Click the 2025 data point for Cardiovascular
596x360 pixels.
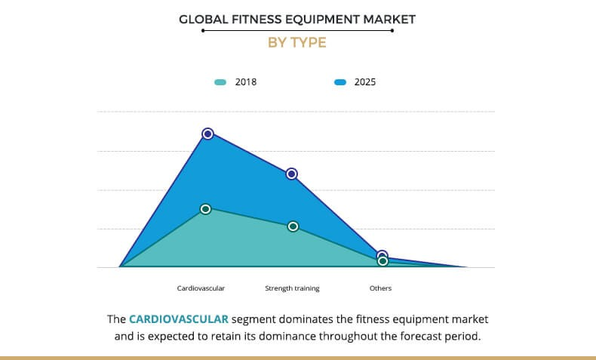(x=208, y=134)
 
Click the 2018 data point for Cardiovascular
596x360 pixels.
(x=205, y=209)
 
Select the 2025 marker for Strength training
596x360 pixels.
(x=292, y=174)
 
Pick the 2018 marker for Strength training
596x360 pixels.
(x=293, y=226)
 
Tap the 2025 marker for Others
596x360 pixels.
(x=382, y=256)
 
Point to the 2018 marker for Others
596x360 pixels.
(x=382, y=261)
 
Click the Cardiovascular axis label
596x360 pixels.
(x=201, y=288)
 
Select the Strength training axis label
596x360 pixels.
(x=292, y=288)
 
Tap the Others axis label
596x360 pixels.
(x=380, y=288)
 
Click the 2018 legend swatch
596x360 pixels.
(x=220, y=82)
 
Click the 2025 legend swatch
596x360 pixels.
(x=339, y=82)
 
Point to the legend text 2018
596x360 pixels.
(x=246, y=82)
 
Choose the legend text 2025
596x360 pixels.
(x=365, y=82)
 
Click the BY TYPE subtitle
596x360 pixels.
(x=297, y=43)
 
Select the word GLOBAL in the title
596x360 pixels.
(x=204, y=19)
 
